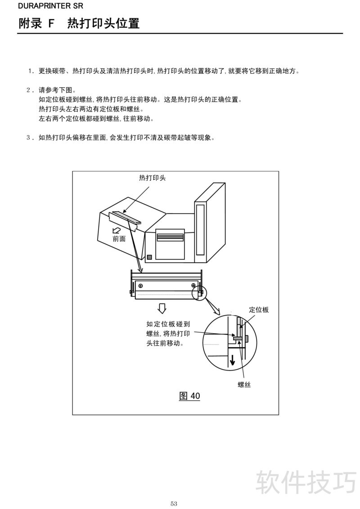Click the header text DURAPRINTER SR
point(50,6)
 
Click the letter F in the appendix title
point(51,23)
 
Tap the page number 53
point(174,504)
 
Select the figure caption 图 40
point(190,396)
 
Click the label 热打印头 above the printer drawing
point(153,178)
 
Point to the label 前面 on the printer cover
point(119,239)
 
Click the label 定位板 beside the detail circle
point(259,310)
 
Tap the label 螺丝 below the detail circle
point(244,384)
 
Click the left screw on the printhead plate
point(140,286)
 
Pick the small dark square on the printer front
point(149,257)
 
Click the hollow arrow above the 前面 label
point(116,230)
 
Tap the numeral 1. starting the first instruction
point(31,71)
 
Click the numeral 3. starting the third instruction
point(30,138)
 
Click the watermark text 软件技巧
point(306,482)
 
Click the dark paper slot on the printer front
point(170,237)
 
